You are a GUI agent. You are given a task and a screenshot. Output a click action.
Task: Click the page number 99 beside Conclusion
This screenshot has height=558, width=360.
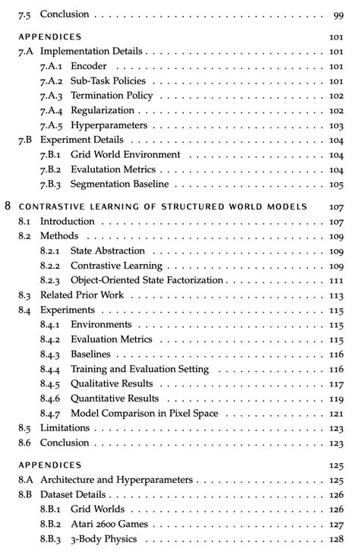[x=338, y=14]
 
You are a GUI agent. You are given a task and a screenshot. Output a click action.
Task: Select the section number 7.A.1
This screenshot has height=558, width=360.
[x=50, y=66]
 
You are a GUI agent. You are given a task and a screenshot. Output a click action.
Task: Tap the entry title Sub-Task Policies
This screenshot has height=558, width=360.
[x=108, y=81]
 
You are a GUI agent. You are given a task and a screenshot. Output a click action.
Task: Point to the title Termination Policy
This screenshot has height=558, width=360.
[x=112, y=96]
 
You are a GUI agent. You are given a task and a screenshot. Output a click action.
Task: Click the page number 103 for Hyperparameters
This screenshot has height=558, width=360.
[x=336, y=125]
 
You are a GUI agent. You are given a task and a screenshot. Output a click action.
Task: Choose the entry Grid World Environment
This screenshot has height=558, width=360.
[x=125, y=155]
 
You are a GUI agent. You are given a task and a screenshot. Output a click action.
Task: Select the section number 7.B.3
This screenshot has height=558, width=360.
[x=51, y=184]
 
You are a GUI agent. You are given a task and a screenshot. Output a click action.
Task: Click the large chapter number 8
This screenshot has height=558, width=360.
[x=7, y=206]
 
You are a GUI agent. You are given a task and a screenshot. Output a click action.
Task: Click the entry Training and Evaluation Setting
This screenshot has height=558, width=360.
[x=140, y=369]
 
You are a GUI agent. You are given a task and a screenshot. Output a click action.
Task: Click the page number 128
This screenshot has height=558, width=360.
[x=336, y=539]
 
